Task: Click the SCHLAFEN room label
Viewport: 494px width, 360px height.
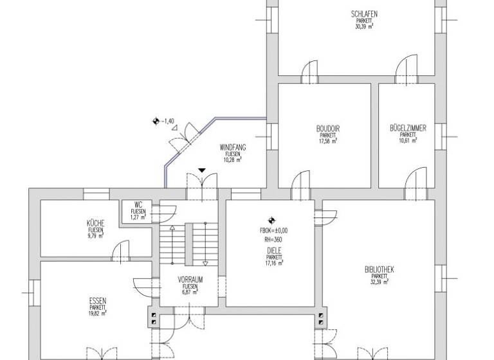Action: [363, 14]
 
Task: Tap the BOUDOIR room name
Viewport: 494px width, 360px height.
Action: [328, 129]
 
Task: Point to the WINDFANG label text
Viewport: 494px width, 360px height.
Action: [232, 147]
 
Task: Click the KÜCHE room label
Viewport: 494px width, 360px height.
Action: [96, 223]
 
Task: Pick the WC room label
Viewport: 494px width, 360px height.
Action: [138, 204]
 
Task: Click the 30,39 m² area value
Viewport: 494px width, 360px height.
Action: [364, 27]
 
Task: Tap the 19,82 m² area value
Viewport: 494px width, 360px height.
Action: [98, 314]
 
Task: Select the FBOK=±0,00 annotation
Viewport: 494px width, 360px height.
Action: [274, 230]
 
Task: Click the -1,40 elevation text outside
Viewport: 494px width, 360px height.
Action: [169, 121]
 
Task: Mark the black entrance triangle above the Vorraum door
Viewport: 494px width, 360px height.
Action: [203, 170]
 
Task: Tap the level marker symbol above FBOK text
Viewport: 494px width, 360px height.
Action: [272, 219]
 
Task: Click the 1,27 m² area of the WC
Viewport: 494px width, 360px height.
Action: [138, 217]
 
